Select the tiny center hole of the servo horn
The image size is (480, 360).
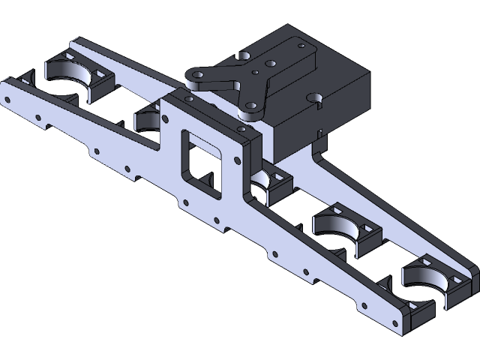(256, 73)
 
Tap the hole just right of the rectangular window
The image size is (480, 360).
(238, 160)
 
